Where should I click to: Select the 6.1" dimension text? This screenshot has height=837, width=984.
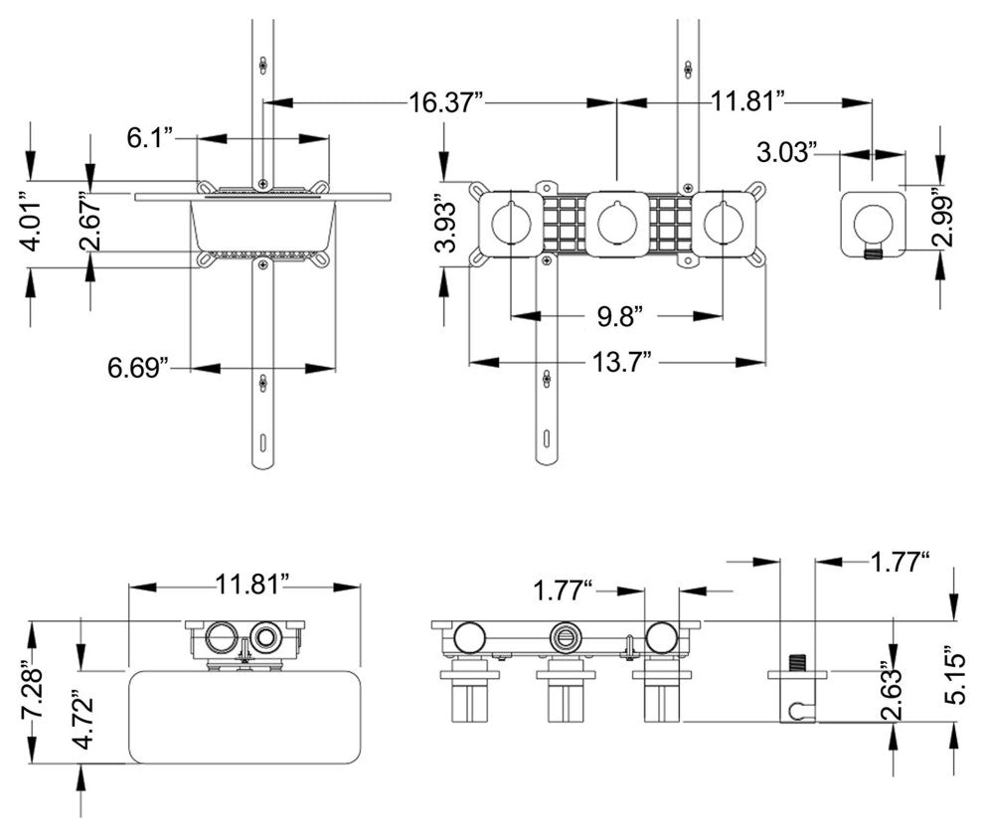tap(150, 139)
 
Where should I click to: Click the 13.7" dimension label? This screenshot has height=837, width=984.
tap(622, 361)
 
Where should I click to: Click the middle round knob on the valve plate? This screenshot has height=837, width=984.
tap(617, 225)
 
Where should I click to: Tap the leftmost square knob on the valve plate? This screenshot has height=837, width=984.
tap(511, 225)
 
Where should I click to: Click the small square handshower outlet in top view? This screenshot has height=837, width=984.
tap(873, 225)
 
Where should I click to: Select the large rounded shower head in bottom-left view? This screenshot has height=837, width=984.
tap(245, 717)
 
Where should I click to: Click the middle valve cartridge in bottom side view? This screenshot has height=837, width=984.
tap(566, 695)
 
